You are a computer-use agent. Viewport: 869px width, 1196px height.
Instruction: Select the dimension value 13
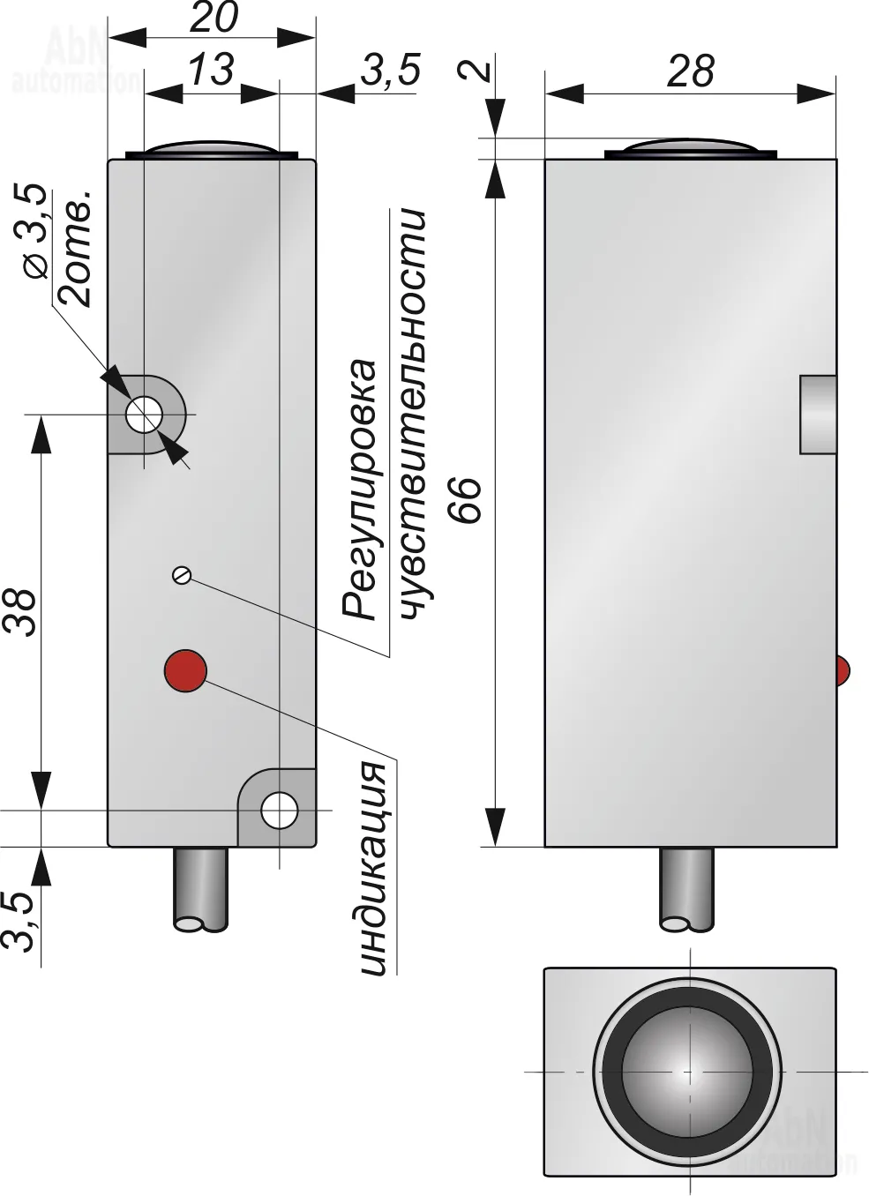[212, 70]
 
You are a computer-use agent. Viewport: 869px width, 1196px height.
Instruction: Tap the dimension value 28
[690, 71]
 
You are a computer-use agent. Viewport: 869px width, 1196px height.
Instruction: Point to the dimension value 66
[467, 499]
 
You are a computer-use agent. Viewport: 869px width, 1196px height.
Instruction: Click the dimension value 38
[21, 613]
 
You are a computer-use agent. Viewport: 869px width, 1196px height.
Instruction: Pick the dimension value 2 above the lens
[476, 70]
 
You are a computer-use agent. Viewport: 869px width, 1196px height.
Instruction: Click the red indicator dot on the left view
[185, 671]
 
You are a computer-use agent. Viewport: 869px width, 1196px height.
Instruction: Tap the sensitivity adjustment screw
[182, 574]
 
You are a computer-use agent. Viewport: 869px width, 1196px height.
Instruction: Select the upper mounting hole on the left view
[144, 414]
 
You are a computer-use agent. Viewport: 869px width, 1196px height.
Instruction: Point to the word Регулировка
[360, 490]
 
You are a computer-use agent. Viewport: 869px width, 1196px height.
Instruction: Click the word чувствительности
[414, 415]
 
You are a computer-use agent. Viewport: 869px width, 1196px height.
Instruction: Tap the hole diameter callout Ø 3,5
[36, 231]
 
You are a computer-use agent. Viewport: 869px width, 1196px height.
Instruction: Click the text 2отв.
[74, 249]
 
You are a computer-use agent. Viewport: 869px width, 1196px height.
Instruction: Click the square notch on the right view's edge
[818, 415]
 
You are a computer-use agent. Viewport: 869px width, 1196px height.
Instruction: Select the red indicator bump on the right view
[843, 670]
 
